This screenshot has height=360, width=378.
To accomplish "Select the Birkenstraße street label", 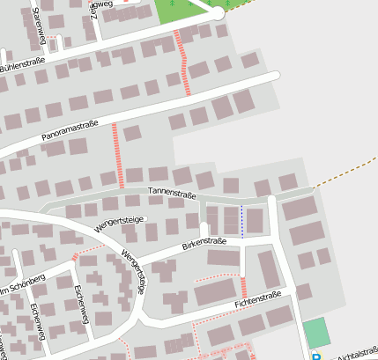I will pyautogui.click(x=204, y=240).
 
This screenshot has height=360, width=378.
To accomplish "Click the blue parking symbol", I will pyautogui.click(x=316, y=356).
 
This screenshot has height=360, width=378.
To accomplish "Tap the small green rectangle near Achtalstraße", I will pyautogui.click(x=315, y=334).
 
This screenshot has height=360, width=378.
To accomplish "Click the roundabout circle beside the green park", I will pyautogui.click(x=218, y=13).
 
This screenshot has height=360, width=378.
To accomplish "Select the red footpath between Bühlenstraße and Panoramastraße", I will pyautogui.click(x=183, y=62).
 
